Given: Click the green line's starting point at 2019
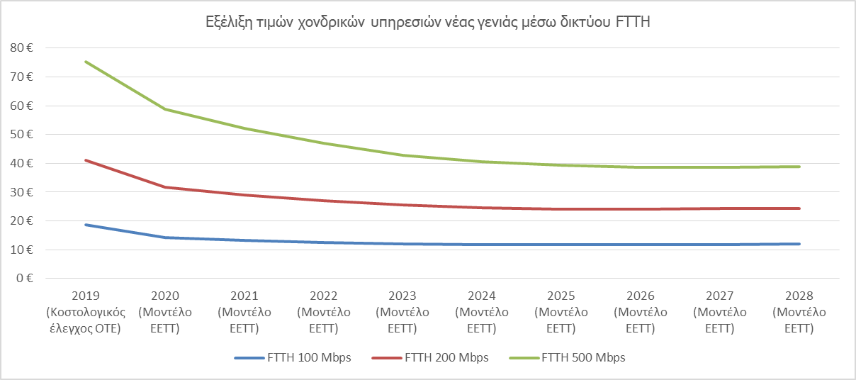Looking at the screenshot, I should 86,62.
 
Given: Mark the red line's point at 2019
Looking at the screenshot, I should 86,160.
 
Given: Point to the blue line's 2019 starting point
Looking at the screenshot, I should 86,225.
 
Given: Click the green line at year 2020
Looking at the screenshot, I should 165,109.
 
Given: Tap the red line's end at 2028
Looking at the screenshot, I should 799,208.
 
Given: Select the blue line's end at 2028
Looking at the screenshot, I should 799,244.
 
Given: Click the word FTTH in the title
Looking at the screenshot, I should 635,23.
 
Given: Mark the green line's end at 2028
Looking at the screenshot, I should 799,167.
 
